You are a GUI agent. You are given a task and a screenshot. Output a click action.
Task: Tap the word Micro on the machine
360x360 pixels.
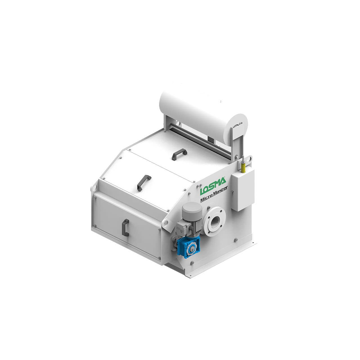[x=206, y=199]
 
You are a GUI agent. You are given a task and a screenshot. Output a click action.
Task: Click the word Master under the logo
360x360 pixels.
[x=220, y=195]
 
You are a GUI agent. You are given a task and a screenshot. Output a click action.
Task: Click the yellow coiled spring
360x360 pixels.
[x=244, y=168]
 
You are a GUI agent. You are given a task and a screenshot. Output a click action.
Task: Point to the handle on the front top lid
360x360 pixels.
[x=144, y=182]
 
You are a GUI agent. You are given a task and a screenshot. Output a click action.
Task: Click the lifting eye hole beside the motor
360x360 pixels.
[x=167, y=223]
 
